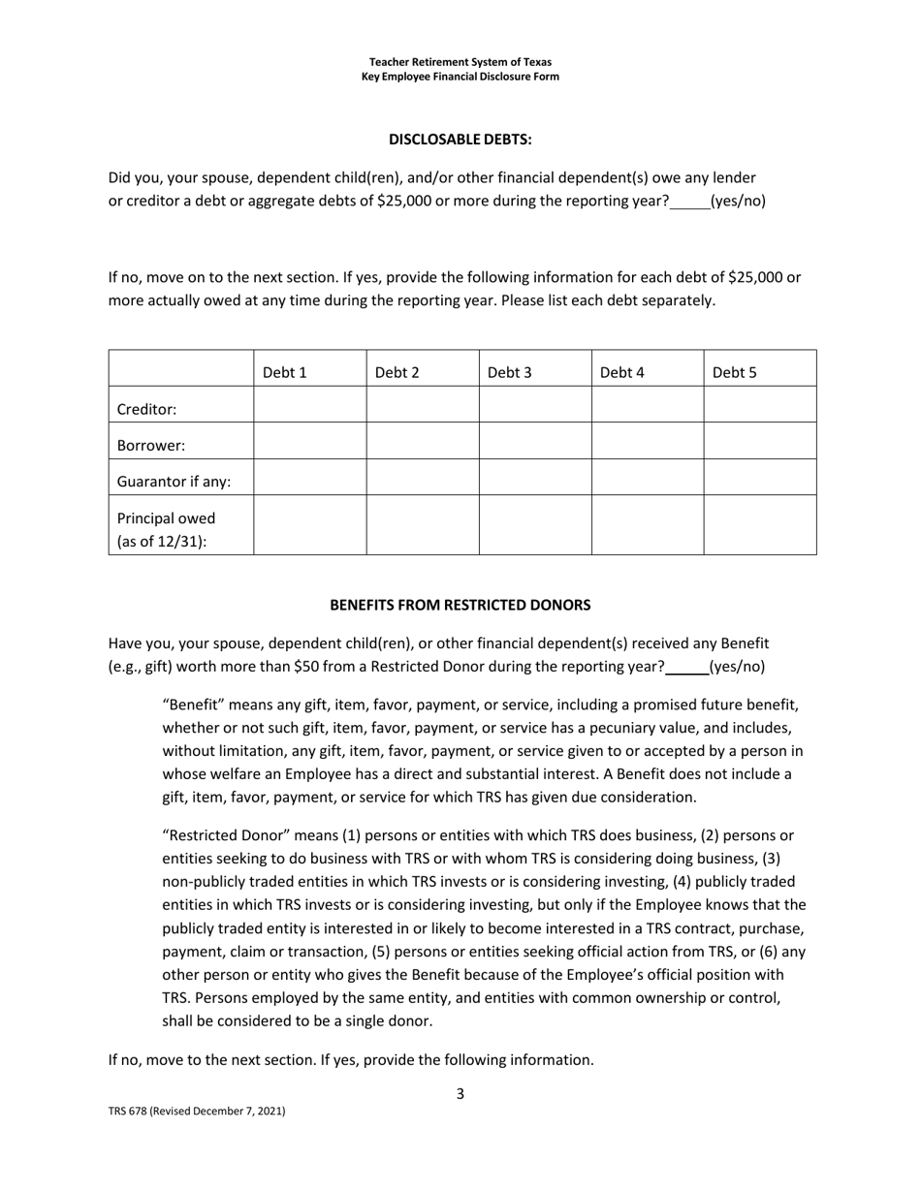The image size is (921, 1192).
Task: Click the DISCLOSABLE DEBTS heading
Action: click(x=460, y=140)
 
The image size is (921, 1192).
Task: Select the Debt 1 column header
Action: click(x=284, y=372)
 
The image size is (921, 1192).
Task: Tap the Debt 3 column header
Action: click(x=509, y=372)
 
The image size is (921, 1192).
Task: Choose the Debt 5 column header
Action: click(x=734, y=372)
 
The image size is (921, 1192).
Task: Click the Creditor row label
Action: click(x=146, y=409)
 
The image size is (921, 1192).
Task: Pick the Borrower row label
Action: click(x=150, y=446)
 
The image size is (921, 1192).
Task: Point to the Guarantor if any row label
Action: click(x=174, y=482)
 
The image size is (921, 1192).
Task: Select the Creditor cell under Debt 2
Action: click(x=422, y=404)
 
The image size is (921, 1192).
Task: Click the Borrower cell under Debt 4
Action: click(x=647, y=441)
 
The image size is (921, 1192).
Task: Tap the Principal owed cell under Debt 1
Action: click(x=309, y=525)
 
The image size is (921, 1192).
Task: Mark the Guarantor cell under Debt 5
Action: click(x=759, y=477)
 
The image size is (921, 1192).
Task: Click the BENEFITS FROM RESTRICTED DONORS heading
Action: click(x=460, y=605)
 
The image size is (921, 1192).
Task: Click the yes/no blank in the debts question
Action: click(x=689, y=203)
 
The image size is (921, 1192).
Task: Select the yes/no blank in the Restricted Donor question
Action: click(x=686, y=667)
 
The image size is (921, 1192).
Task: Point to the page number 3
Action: click(x=460, y=1094)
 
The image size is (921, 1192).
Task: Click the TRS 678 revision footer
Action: click(x=196, y=1112)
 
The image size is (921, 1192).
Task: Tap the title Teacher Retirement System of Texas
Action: click(x=460, y=62)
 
